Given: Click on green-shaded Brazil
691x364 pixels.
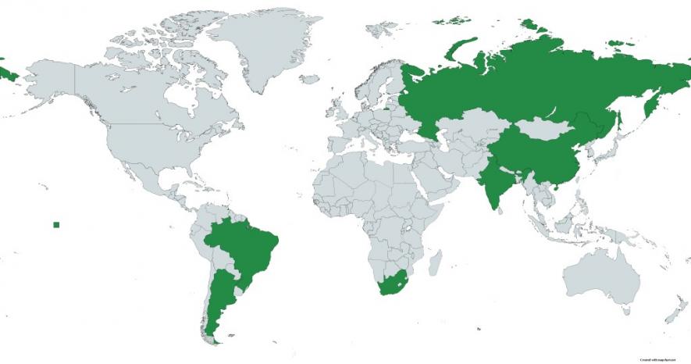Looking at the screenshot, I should [x=242, y=246].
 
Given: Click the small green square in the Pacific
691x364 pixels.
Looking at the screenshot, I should [x=56, y=225].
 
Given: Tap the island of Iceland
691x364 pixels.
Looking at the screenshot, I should [x=310, y=79].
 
